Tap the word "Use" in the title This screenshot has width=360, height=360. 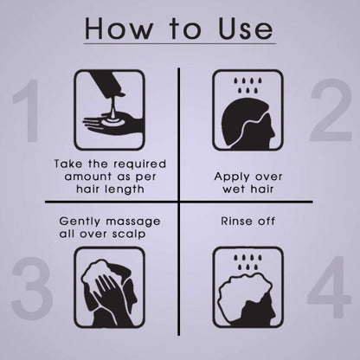point(245,28)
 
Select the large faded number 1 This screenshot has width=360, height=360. point(29,111)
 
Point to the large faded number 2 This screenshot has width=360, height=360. point(331,110)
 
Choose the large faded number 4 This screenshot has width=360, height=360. point(330,287)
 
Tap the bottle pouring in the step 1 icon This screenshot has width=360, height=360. point(106,84)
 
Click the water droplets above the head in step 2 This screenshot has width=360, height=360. point(247,86)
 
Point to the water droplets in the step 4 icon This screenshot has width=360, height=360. point(247,262)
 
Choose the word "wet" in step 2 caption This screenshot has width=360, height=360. point(234,190)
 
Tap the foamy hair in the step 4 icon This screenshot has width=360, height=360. point(244,288)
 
